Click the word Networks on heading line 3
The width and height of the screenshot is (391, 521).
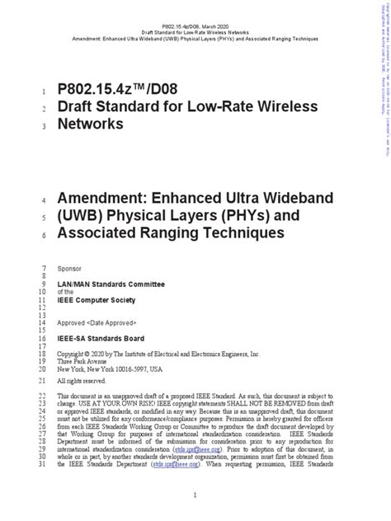[x=89, y=124]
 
